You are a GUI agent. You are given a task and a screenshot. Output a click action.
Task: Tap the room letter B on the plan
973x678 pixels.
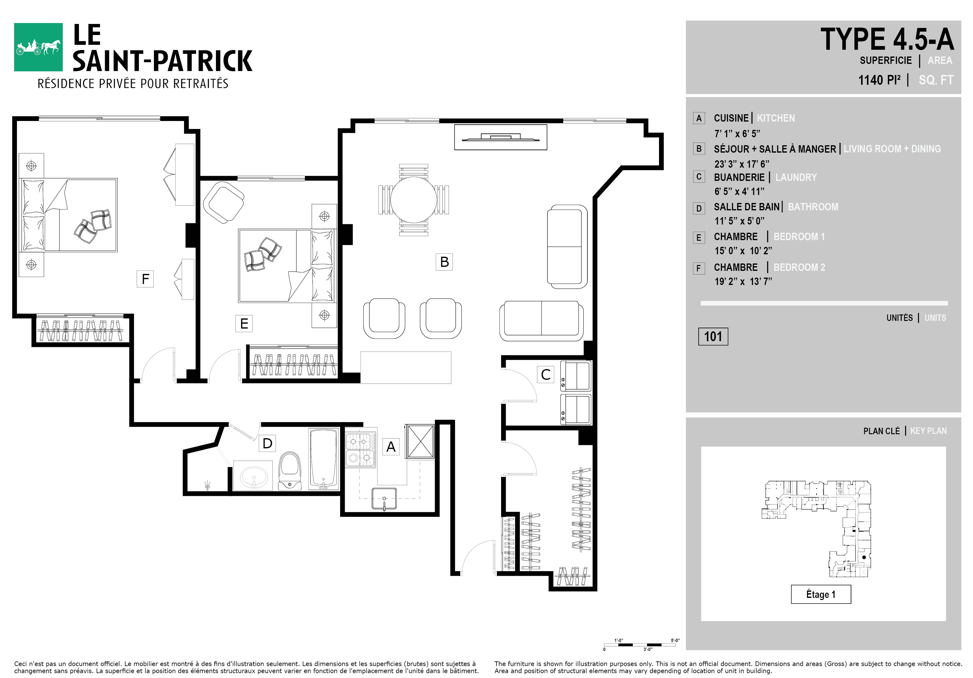pyautogui.click(x=444, y=262)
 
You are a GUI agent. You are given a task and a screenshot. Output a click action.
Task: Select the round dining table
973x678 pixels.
pyautogui.click(x=413, y=200)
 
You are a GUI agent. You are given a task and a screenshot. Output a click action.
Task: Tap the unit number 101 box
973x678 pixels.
pyautogui.click(x=713, y=337)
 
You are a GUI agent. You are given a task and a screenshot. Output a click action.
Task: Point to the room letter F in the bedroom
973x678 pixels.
pyautogui.click(x=145, y=279)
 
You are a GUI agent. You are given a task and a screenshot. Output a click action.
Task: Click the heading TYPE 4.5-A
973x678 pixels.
pyautogui.click(x=887, y=39)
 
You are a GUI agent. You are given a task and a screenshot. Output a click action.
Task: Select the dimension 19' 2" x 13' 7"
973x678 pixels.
pyautogui.click(x=743, y=281)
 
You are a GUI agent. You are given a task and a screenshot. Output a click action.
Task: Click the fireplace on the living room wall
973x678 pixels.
pyautogui.click(x=500, y=137)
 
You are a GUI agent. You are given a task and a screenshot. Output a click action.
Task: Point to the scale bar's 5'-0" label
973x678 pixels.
pyautogui.click(x=675, y=640)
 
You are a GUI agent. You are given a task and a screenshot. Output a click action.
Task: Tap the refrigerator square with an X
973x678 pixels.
pyautogui.click(x=420, y=441)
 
